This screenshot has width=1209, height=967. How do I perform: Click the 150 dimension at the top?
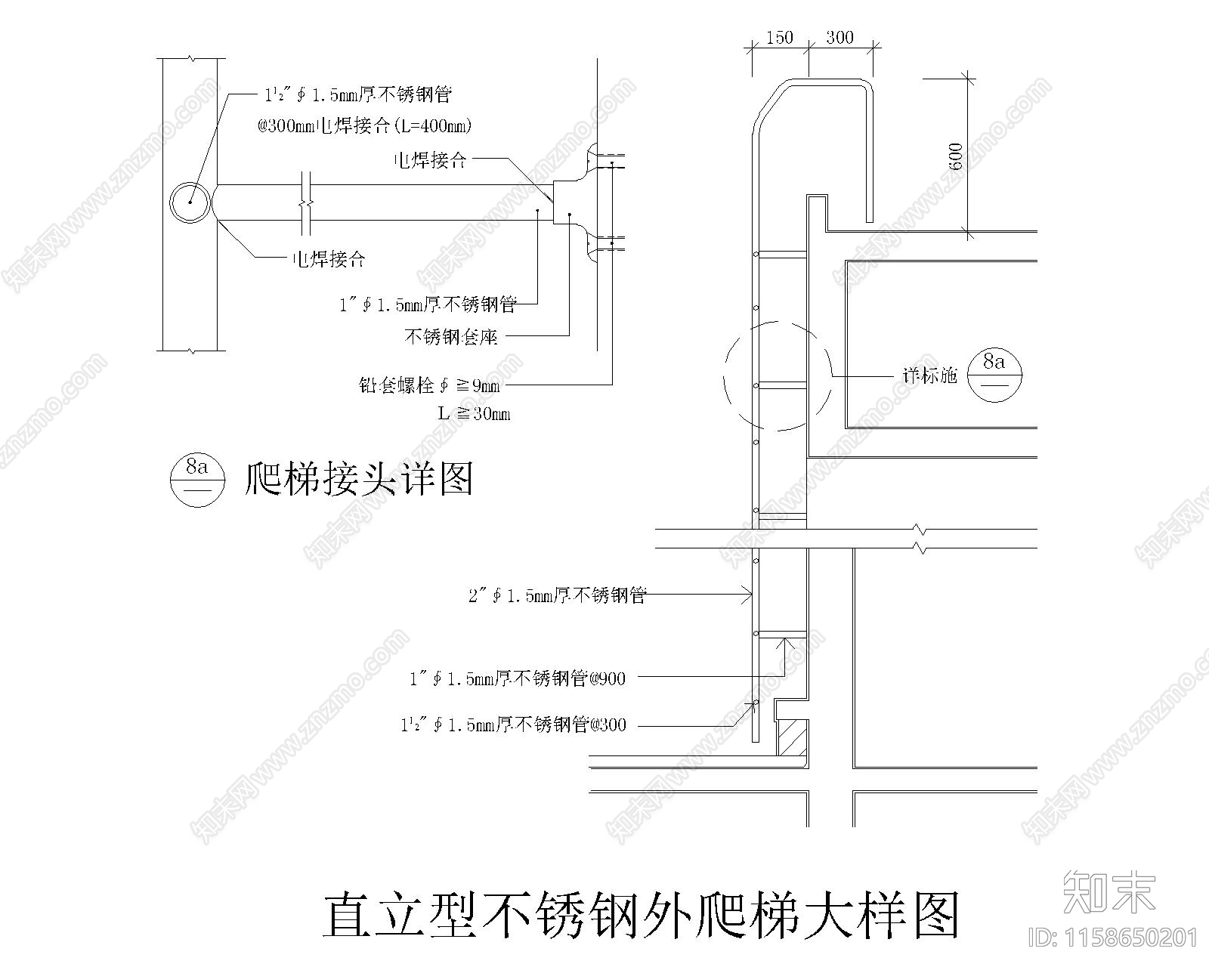[779, 37]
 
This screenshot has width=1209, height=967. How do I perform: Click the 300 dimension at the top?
[839, 37]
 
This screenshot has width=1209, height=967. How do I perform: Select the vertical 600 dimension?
[956, 156]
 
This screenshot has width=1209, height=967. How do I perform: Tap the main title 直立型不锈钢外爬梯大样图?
[641, 915]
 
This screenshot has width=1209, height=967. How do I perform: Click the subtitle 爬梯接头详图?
[359, 478]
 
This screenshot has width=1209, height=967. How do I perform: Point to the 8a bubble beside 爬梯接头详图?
[197, 479]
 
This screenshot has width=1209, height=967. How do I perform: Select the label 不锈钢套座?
[451, 336]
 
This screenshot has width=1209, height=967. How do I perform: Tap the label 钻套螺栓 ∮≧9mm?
[428, 385]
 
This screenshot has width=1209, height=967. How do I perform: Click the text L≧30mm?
[474, 413]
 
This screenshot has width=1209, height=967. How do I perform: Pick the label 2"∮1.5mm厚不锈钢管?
[558, 595]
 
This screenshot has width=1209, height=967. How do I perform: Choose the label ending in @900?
[518, 678]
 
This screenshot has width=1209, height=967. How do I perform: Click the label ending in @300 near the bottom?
[514, 725]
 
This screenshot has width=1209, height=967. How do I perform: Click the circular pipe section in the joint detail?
[190, 202]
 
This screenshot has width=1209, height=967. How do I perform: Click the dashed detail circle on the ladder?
[777, 375]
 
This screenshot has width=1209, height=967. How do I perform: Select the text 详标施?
[929, 375]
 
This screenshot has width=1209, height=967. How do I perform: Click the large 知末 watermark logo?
[1109, 891]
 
